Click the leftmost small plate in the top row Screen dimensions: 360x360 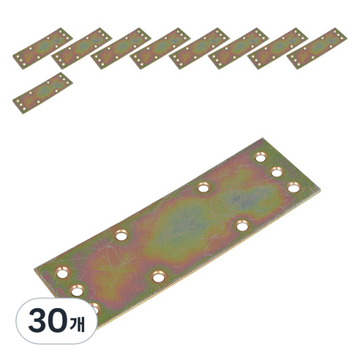tap(42, 48)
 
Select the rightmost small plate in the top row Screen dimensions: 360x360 tap(317, 48)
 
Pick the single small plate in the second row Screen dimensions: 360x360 tap(42, 93)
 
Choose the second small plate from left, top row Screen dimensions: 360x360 tap(82, 48)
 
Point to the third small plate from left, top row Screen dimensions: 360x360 tap(121, 48)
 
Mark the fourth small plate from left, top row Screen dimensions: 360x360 tap(160, 48)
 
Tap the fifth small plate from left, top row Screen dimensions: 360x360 tap(199, 48)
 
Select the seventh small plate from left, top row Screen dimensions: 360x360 tap(277, 48)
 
